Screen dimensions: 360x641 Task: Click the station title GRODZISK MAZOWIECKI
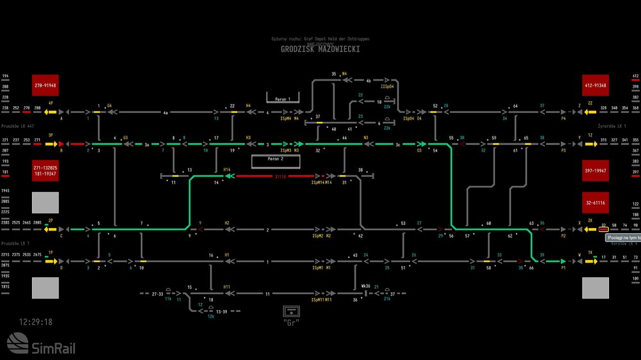coord(320,49)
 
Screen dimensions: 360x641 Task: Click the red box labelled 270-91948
coord(46,85)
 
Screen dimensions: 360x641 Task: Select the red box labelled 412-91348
coord(595,85)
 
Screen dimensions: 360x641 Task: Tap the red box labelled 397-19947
coord(595,171)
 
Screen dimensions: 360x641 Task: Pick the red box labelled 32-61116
coord(595,202)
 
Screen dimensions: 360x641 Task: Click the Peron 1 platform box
coord(283,99)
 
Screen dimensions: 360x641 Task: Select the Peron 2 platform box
coord(276,158)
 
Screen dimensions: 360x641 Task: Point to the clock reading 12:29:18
coord(36,322)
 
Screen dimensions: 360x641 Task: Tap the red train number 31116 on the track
coord(280,176)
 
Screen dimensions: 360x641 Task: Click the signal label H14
coord(227,170)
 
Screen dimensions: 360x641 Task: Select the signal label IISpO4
coord(387,86)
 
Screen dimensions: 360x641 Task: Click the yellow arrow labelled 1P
coord(51,261)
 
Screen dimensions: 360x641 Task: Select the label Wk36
coord(365,286)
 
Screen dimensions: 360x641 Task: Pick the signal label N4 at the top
coord(344,74)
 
